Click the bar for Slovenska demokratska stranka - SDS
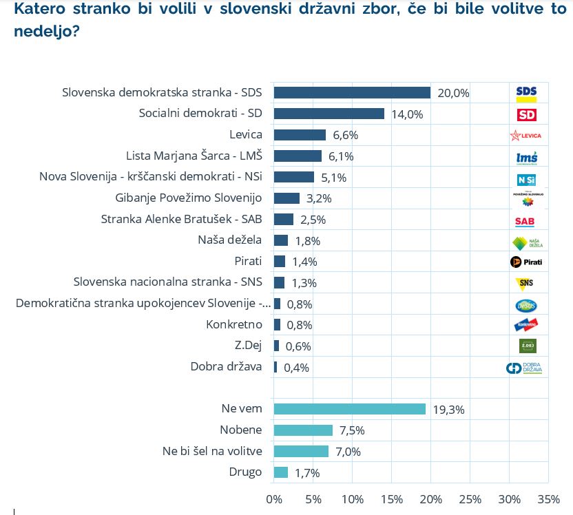tap(352, 93)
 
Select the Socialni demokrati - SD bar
tap(329, 114)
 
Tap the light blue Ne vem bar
tap(350, 409)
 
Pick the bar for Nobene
tap(303, 430)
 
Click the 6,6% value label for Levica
tap(344, 135)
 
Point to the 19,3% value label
tap(448, 410)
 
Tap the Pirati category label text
tap(248, 262)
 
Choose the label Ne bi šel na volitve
tap(212, 451)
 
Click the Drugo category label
tap(245, 472)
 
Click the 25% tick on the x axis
tap(470, 498)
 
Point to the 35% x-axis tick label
tap(549, 498)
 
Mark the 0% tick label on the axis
tap(274, 498)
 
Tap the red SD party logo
tap(526, 114)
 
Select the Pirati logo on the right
tap(526, 262)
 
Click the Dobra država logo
tap(526, 368)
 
